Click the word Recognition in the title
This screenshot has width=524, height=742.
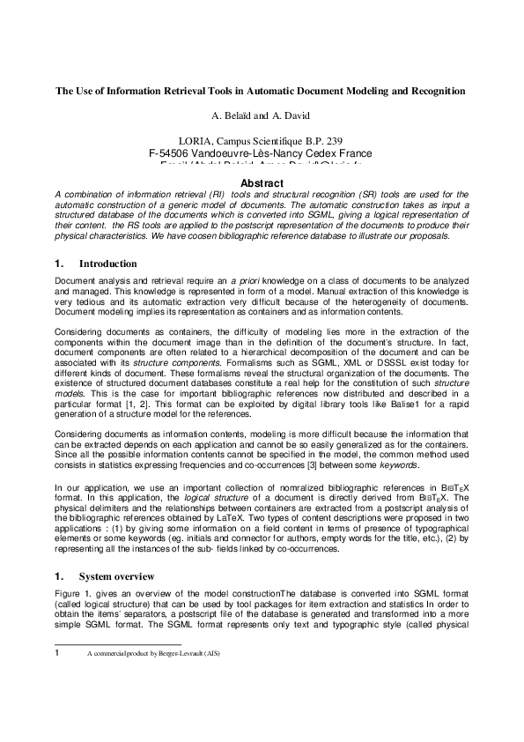click(435, 91)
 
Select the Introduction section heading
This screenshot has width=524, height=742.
click(108, 263)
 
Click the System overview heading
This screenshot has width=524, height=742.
click(117, 576)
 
